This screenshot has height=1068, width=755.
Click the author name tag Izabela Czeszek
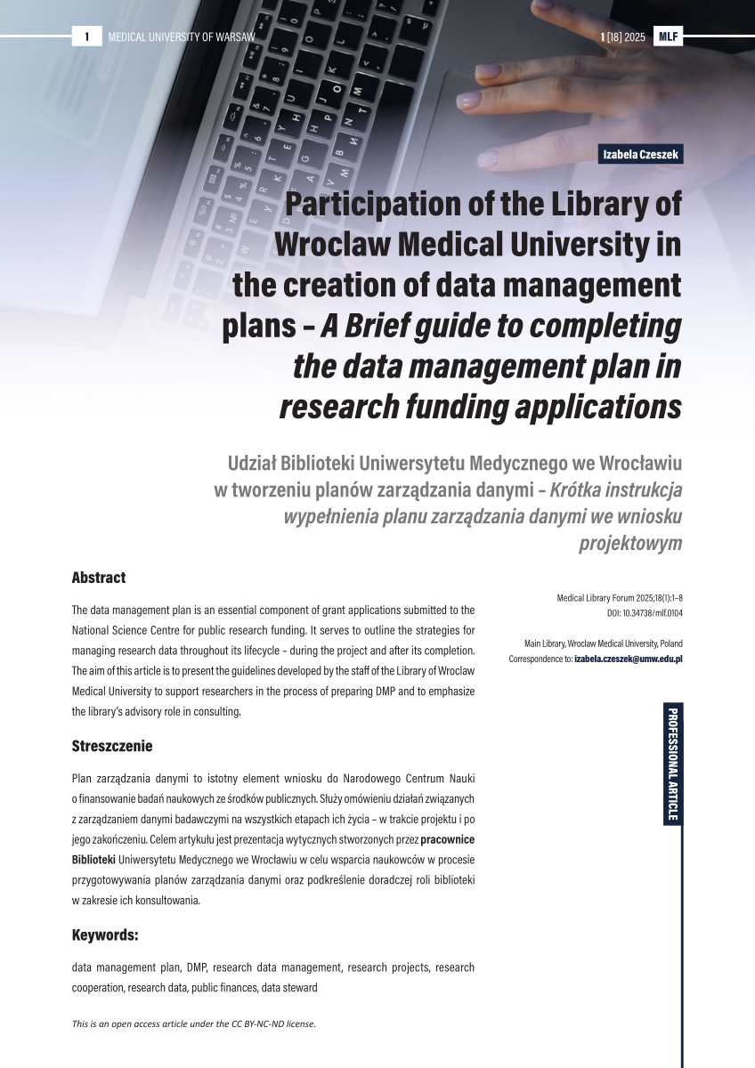tap(641, 155)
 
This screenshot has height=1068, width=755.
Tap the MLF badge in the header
tap(668, 36)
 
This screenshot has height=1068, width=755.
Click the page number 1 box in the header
tap(87, 36)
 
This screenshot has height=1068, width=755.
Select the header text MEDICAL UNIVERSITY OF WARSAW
tap(181, 36)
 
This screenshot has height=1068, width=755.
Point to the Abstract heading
tap(99, 578)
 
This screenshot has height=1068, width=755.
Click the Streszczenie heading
tap(112, 746)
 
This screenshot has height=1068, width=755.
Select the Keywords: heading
tap(105, 935)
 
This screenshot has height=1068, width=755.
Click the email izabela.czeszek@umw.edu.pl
tap(628, 659)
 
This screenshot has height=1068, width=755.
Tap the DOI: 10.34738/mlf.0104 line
tap(638, 614)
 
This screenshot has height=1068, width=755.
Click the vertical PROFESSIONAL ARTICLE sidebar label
tap(672, 764)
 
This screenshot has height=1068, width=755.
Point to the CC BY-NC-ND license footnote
tap(194, 1024)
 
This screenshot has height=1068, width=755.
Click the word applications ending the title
tap(589, 406)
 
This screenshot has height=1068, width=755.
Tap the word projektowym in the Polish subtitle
tap(630, 543)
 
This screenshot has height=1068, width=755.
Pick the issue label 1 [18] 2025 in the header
tap(623, 36)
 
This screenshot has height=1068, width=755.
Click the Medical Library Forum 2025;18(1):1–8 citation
tap(620, 599)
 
